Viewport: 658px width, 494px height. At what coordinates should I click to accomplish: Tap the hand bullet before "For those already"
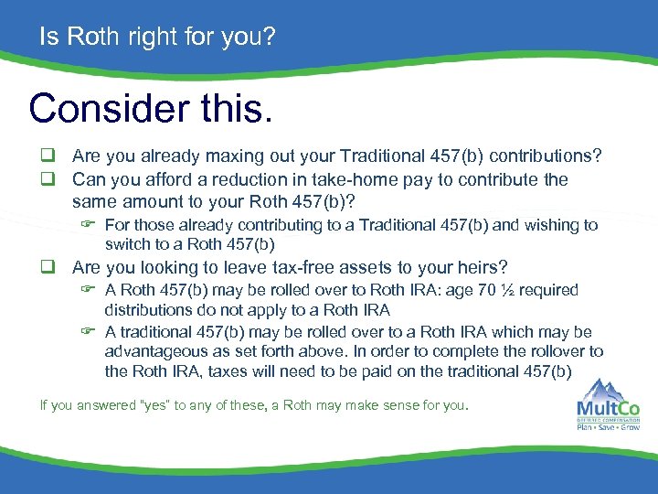89,225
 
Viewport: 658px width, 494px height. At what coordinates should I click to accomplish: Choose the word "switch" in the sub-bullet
126,244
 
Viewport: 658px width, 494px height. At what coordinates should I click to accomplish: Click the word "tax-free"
302,267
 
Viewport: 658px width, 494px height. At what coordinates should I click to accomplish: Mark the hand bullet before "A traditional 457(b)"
89,332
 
